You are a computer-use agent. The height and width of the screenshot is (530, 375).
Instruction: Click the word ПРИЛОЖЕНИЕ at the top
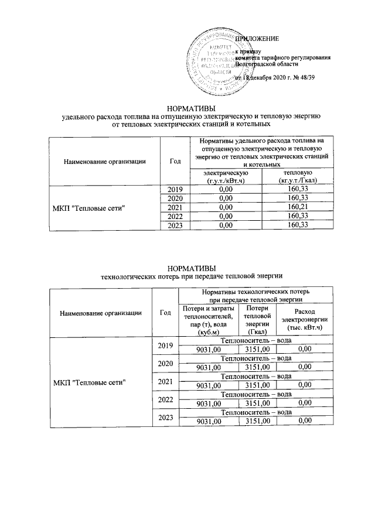[x=257, y=39]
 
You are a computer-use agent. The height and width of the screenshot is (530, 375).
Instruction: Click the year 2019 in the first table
[x=175, y=189]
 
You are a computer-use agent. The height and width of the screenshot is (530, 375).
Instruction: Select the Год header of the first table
[x=175, y=160]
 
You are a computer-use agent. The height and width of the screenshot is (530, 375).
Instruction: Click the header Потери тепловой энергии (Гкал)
[x=258, y=320]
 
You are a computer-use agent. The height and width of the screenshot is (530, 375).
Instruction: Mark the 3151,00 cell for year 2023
[x=258, y=421]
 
